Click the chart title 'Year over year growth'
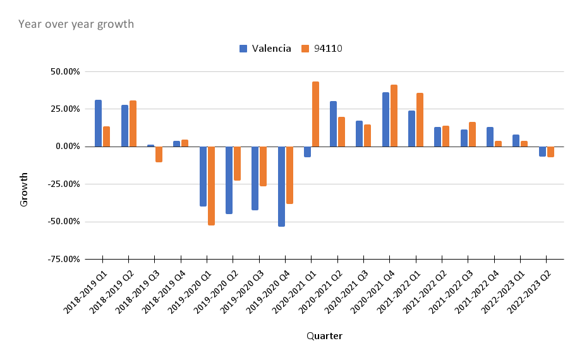coord(76,25)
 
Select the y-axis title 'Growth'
coord(24,189)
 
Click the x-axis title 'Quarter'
coord(324,336)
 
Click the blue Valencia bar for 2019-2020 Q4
coord(281,186)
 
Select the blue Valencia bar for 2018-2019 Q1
coord(98,123)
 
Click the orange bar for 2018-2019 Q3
coord(159,154)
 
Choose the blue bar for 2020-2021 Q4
coord(385,119)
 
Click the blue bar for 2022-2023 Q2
coord(542,152)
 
